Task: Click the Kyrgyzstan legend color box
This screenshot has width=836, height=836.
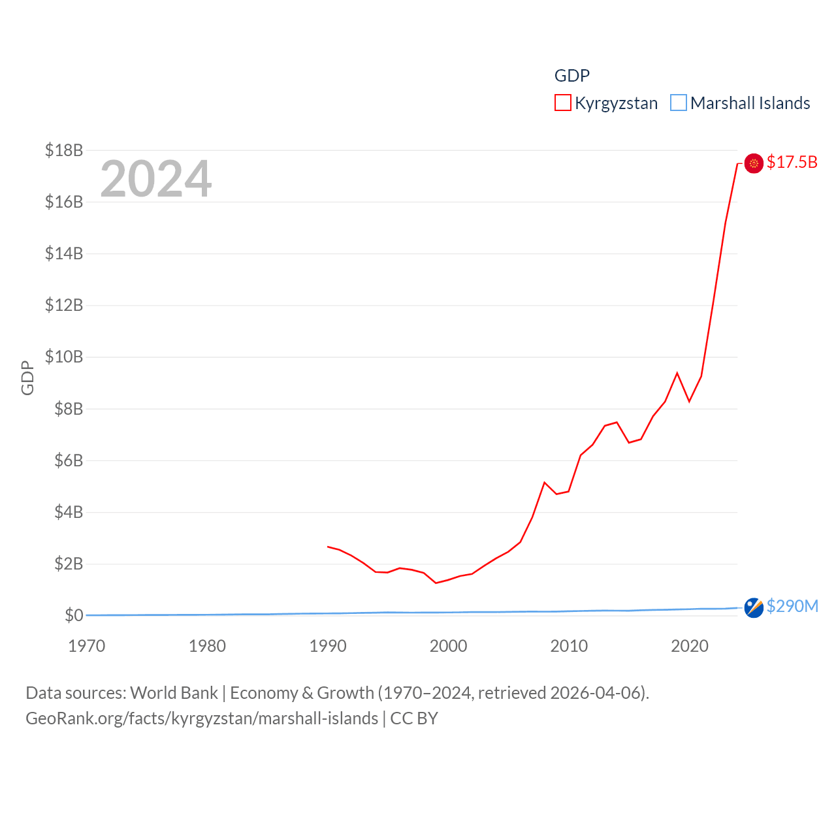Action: coord(563,103)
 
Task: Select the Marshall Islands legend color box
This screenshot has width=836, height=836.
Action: coord(679,103)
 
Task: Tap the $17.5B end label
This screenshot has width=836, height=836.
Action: coord(792,162)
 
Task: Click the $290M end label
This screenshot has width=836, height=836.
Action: coord(792,606)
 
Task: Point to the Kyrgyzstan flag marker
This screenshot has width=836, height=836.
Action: coord(754,163)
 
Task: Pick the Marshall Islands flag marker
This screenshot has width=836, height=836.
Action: coord(754,607)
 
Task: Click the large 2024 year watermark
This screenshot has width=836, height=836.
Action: coord(155,178)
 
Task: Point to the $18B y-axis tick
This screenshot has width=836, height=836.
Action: coord(64,150)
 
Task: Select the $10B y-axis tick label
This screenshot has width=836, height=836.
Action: coord(64,357)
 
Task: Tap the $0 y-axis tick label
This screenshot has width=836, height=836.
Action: coord(73,615)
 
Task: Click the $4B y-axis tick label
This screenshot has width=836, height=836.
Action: coord(69,512)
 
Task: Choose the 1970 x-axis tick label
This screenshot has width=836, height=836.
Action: coord(86,646)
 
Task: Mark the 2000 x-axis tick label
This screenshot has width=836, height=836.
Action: coord(448,646)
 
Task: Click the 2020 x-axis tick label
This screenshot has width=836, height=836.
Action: coord(690,646)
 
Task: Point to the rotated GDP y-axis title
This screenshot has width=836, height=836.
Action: coord(27,378)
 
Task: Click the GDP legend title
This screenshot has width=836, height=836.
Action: coord(572,76)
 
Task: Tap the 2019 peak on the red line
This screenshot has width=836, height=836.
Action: coord(677,373)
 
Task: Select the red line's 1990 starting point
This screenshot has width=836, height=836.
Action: coord(328,546)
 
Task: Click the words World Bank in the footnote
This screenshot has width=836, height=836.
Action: coord(174,692)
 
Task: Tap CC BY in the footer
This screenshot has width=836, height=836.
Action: coord(414,718)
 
